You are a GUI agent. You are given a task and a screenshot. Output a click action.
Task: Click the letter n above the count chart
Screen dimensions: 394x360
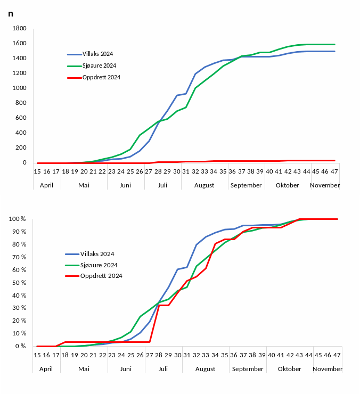pos(11,13)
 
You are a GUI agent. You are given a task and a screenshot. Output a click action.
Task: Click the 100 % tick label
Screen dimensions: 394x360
pos(18,219)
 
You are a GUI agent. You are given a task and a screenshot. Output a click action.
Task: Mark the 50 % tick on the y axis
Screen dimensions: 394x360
pos(19,282)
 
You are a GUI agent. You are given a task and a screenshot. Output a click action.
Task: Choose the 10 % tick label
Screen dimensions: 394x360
pos(19,333)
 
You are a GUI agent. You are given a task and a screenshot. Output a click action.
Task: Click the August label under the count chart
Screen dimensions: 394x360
pos(204,185)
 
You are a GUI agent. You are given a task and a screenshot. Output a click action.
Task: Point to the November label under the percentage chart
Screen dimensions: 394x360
pos(327,369)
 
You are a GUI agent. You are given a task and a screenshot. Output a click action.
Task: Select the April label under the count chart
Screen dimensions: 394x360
pos(47,185)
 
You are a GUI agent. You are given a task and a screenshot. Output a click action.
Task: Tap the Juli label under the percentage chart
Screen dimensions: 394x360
pos(163,369)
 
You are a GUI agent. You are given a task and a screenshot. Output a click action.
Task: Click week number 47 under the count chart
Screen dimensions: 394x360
pos(334,171)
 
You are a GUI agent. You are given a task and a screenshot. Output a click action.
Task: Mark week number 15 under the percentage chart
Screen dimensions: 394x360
pos(37,355)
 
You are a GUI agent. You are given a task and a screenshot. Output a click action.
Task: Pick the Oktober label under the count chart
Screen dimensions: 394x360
pos(288,185)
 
